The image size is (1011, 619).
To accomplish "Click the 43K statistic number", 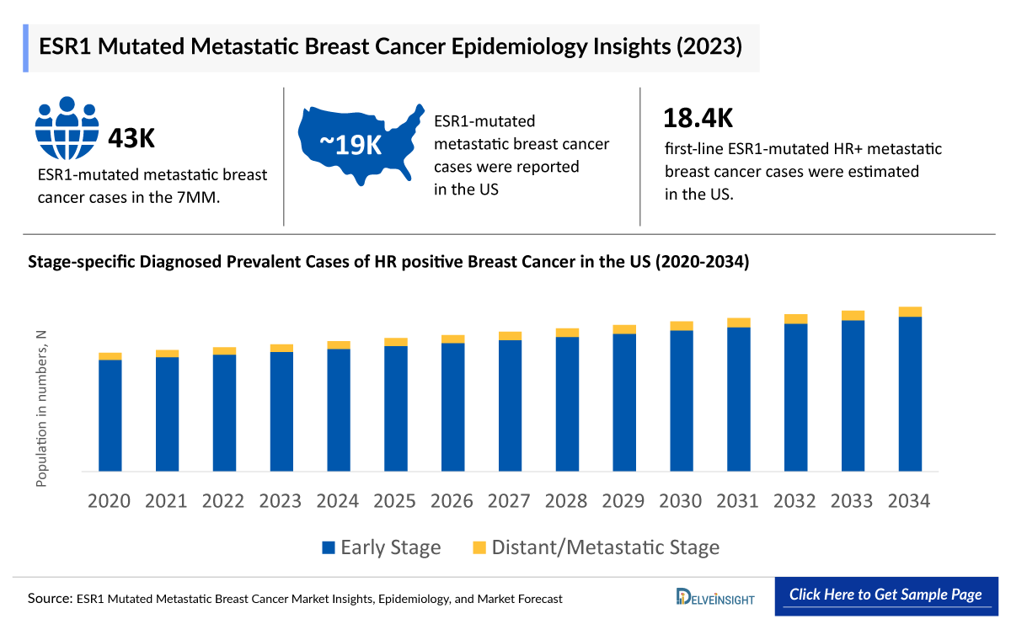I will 131,137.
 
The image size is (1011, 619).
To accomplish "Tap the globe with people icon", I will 67,128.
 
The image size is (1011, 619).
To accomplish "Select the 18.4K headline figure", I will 698,119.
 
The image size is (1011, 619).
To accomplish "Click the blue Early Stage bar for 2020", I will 110,414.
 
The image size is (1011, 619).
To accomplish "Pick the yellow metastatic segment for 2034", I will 910,312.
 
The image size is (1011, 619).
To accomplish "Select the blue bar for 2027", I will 510,404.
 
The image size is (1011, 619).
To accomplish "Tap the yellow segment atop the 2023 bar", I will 281,348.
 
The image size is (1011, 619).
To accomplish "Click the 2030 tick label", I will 681,501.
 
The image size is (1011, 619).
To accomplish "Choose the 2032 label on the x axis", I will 794,501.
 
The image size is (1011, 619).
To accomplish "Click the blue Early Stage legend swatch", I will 329,547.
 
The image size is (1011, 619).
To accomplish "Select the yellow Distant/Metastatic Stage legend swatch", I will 479,547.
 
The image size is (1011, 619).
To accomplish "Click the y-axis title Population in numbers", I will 40,409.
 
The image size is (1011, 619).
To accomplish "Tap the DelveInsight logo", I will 715,596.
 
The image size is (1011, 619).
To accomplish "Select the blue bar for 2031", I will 738,398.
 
